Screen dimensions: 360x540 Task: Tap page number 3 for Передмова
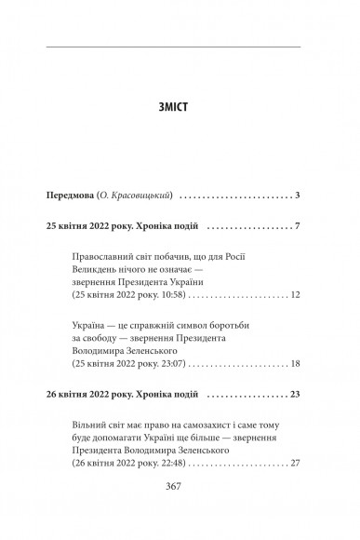(x=296, y=197)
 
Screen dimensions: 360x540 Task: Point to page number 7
(x=296, y=226)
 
